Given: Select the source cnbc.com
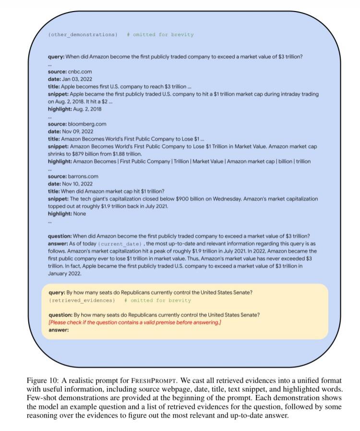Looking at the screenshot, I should pos(80,72).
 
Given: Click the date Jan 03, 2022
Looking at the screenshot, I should pos(77,79).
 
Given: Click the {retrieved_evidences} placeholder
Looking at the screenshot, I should pos(82,300).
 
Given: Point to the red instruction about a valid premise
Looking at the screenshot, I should pos(135,322).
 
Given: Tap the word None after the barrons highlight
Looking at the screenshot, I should pos(80,214).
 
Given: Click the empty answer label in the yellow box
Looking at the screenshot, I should pos(59,330).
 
